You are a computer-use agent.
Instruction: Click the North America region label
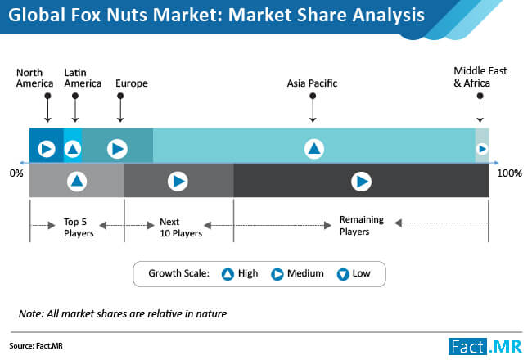click(x=34, y=78)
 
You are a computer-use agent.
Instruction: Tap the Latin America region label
click(x=83, y=78)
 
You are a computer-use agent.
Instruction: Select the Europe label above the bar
click(x=132, y=83)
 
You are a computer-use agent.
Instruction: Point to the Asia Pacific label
click(x=312, y=83)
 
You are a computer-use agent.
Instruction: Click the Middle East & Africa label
click(x=480, y=77)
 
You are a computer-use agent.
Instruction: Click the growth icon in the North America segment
click(x=47, y=149)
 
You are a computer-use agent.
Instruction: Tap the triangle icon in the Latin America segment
click(x=73, y=149)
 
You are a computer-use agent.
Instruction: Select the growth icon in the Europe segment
click(x=117, y=149)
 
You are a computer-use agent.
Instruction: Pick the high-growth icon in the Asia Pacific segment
click(x=313, y=149)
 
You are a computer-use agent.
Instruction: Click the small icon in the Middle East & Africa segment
click(x=482, y=149)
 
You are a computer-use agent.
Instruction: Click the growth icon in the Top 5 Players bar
click(x=77, y=181)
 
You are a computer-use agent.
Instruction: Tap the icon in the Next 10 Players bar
click(x=178, y=182)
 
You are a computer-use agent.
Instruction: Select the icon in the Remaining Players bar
click(x=361, y=182)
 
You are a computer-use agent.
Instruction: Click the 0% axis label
click(x=16, y=173)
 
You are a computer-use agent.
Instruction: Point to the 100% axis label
click(x=509, y=173)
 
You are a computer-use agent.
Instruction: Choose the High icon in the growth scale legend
click(x=228, y=274)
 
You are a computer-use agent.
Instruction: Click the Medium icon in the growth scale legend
click(x=277, y=274)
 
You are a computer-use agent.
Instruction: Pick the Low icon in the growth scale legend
click(x=343, y=274)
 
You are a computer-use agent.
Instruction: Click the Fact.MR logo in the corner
click(x=485, y=347)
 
